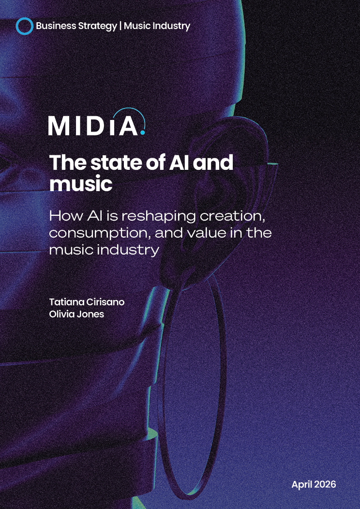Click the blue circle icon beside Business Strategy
pos(24,26)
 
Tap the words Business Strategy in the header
pos(76,26)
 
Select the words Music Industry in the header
pos(157,26)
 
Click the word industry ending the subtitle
pos(130,250)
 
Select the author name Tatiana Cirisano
pos(87,302)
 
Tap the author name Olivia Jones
pos(76,314)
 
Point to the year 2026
pos(325,484)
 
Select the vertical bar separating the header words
pos(120,26)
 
